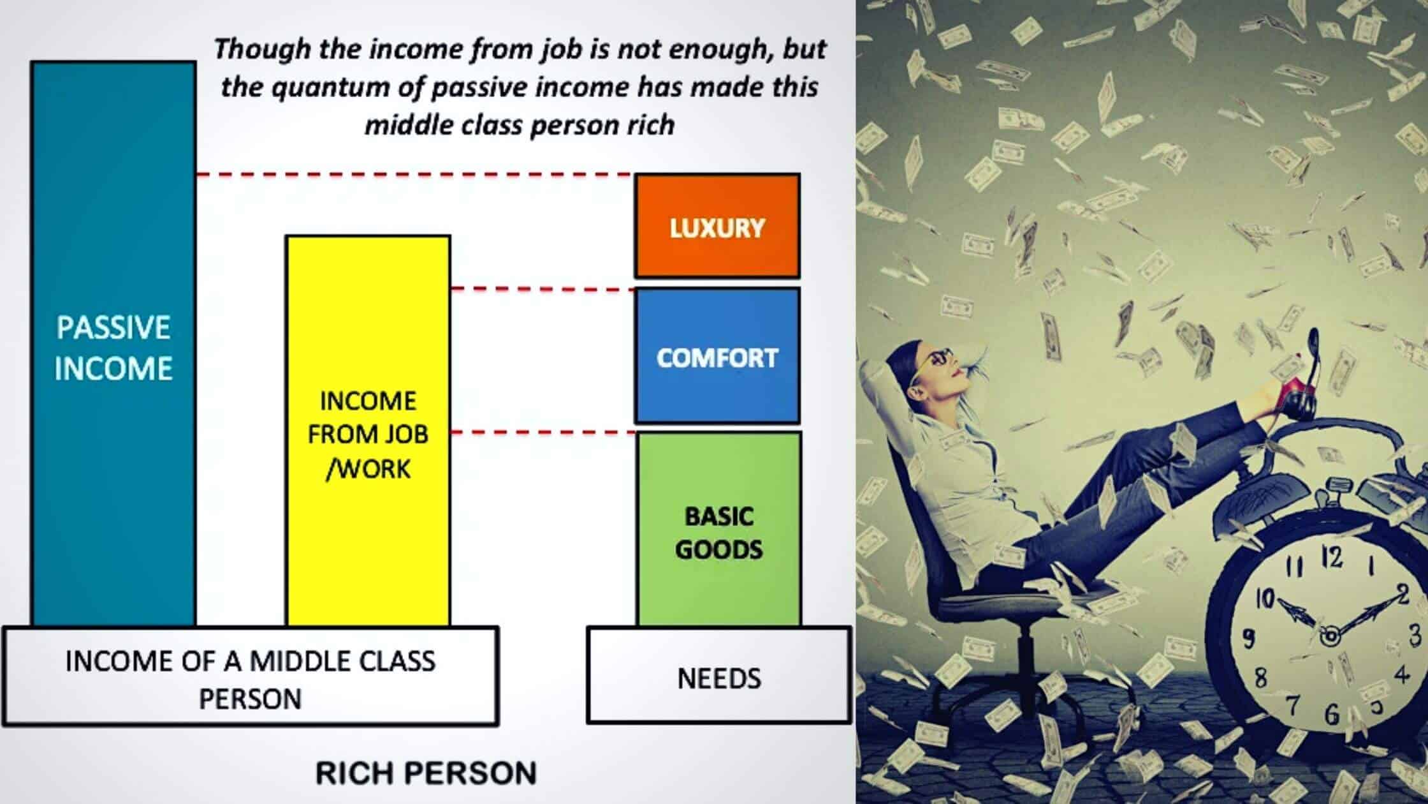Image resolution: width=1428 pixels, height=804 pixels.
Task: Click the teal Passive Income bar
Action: pyautogui.click(x=113, y=343)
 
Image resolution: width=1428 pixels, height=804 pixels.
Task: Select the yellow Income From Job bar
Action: pyautogui.click(x=368, y=431)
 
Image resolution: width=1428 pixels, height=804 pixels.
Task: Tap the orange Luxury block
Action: pyautogui.click(x=717, y=226)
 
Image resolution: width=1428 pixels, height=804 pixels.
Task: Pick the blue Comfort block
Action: pyautogui.click(x=717, y=355)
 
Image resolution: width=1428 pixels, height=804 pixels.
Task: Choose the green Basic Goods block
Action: pyautogui.click(x=719, y=528)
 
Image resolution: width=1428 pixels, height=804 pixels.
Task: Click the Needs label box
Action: pyautogui.click(x=719, y=675)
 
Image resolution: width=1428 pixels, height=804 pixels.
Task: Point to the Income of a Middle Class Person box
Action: pyautogui.click(x=250, y=676)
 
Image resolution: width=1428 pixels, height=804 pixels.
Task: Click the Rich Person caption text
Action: pyautogui.click(x=426, y=773)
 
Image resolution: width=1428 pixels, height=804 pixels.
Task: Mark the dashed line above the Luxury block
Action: pyautogui.click(x=415, y=174)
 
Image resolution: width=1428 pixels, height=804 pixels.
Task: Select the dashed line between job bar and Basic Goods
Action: pyautogui.click(x=543, y=433)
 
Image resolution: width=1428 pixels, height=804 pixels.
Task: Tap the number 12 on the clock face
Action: pyautogui.click(x=1332, y=558)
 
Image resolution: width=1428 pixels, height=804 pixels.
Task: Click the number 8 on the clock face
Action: pyautogui.click(x=1261, y=677)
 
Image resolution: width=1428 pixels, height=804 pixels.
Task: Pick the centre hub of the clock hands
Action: pyautogui.click(x=1330, y=636)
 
